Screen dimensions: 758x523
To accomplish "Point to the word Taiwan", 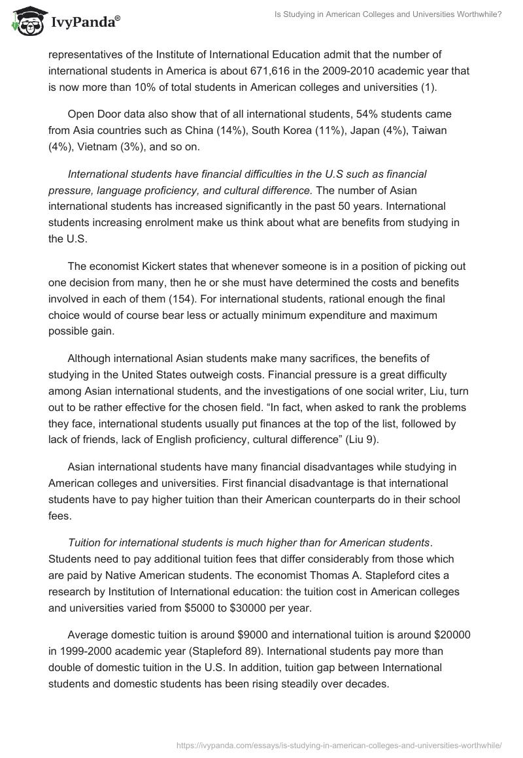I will [428, 130].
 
